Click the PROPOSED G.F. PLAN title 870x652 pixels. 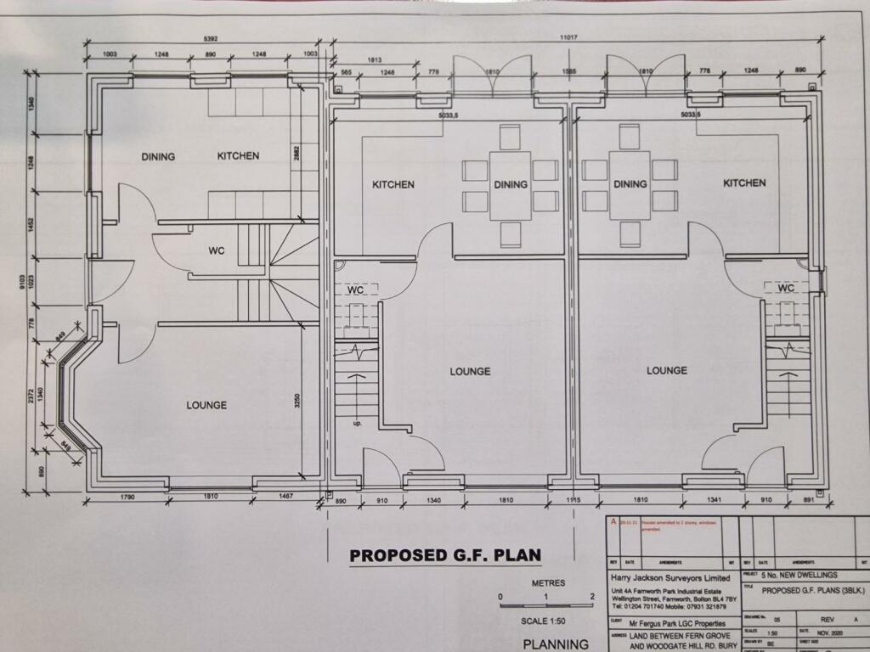[445, 555]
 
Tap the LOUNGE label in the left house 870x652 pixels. [206, 405]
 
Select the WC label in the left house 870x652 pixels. [216, 250]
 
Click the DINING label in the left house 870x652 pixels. [158, 156]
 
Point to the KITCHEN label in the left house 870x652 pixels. [238, 156]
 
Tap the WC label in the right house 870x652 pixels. [786, 289]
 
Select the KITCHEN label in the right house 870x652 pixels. [744, 183]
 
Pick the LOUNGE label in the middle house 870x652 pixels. [470, 371]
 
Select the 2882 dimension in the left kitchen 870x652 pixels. [297, 155]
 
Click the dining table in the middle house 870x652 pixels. [510, 184]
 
